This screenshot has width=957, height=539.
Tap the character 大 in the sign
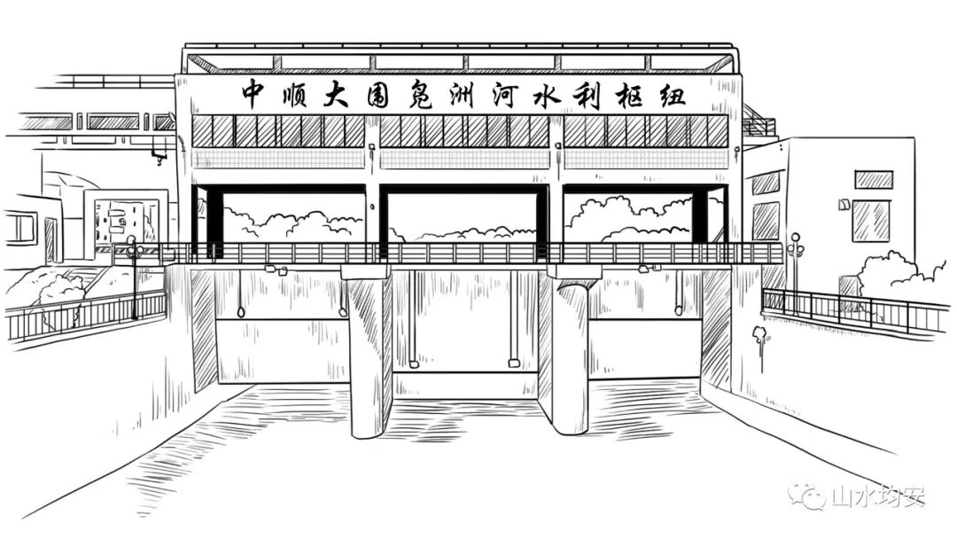pos(337,95)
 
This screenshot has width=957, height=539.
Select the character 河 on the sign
pos(505,95)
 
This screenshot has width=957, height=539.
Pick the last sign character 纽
pos(671,96)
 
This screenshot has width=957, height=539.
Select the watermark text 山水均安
pos(878,496)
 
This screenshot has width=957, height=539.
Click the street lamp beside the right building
pos(795,269)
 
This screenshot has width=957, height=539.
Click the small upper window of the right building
pos(874,179)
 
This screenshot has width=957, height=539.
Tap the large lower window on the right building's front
pos(870,221)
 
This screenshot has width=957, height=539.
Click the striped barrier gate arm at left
pos(111,250)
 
